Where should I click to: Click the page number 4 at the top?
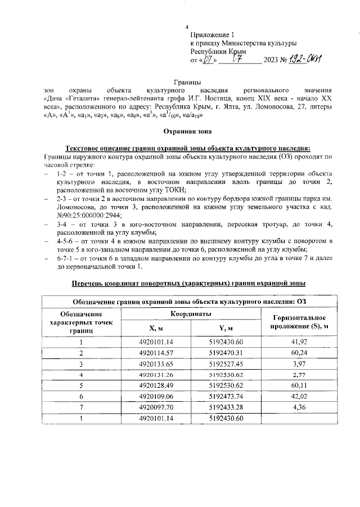(187, 26)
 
